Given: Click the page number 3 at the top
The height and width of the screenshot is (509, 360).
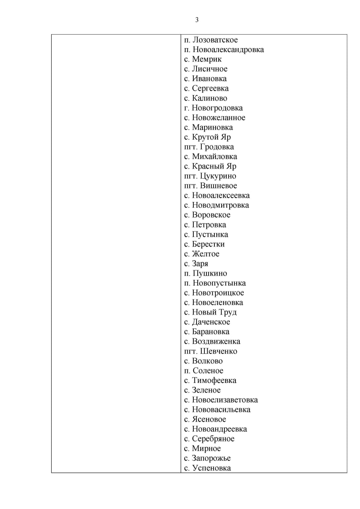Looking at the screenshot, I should click(x=197, y=20).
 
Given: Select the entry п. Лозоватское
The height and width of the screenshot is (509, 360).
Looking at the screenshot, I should click(x=211, y=40).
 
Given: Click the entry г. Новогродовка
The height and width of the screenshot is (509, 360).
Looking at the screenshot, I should click(x=213, y=108).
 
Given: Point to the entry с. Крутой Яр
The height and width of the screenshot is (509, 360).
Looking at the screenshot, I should click(x=207, y=137).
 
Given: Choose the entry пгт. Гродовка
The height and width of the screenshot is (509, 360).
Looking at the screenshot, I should click(x=209, y=147).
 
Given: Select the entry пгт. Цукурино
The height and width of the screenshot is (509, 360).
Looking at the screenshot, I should click(x=210, y=176).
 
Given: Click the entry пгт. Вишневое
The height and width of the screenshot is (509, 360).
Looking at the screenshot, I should click(x=210, y=186).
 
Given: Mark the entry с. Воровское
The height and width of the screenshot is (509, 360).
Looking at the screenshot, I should click(x=207, y=215).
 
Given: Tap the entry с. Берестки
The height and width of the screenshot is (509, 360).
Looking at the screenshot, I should click(x=204, y=244).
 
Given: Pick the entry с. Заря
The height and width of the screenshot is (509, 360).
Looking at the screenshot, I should click(x=196, y=264).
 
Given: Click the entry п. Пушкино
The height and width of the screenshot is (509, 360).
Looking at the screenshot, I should click(x=206, y=274).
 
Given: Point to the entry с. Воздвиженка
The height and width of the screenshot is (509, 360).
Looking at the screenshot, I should click(x=212, y=342).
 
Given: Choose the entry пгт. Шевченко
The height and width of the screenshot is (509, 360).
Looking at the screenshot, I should click(x=210, y=352).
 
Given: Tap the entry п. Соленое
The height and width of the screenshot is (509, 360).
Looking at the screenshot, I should click(x=204, y=371).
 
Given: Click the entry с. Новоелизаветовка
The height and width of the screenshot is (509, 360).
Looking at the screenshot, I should click(x=221, y=400).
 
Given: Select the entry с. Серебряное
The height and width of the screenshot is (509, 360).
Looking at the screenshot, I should click(x=209, y=439).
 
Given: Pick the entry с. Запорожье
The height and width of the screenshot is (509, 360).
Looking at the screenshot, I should click(x=207, y=458).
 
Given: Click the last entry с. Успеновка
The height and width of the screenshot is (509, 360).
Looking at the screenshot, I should click(x=207, y=468).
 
